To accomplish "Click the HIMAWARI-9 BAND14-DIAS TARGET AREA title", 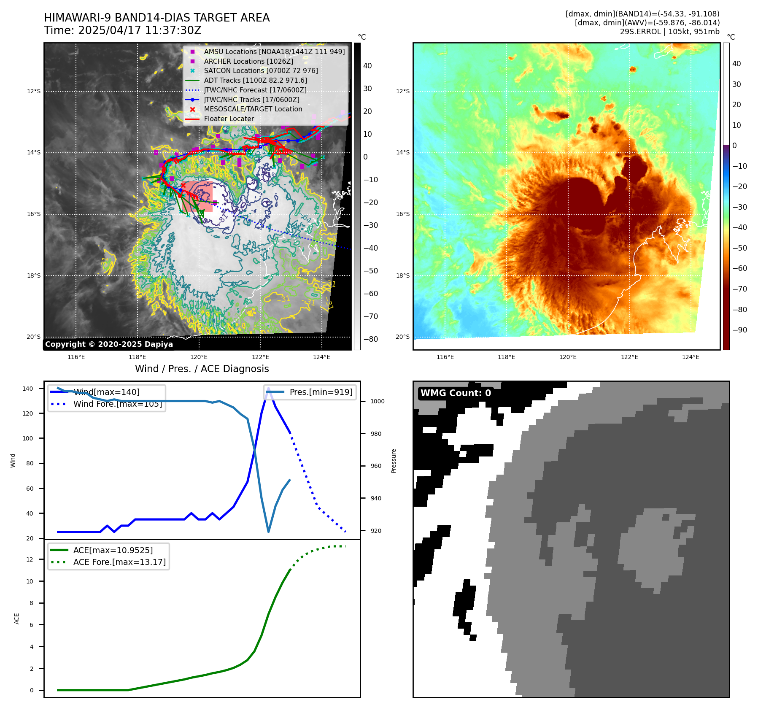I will click(x=156, y=18).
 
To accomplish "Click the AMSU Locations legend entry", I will click(x=274, y=51).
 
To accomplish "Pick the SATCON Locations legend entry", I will click(x=260, y=70).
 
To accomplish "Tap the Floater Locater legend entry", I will click(x=229, y=119).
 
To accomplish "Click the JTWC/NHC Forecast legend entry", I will click(x=255, y=90).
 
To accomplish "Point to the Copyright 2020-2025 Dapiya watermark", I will click(x=109, y=344).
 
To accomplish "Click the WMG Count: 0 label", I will click(x=456, y=393).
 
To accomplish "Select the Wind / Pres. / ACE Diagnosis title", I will click(x=202, y=369).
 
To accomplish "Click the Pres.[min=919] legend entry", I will click(x=321, y=392).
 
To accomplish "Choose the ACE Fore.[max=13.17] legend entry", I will click(x=119, y=562).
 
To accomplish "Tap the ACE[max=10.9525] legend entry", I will click(x=113, y=550).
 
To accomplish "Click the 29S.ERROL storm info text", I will click(x=669, y=32).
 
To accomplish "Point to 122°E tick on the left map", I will click(x=260, y=357).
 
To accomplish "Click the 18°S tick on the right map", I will click(x=402, y=275).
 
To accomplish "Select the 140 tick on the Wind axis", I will click(x=27, y=389).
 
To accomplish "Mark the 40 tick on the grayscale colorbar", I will click(x=367, y=66).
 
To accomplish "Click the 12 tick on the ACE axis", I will click(x=30, y=559).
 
